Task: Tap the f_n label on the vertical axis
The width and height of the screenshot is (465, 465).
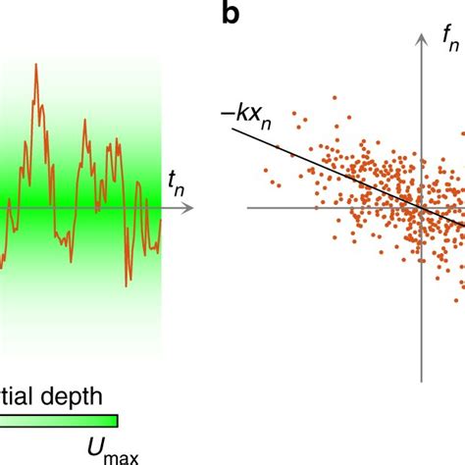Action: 450,39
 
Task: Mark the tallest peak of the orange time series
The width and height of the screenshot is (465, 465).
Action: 36,66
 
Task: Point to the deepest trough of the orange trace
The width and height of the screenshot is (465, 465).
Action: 128,284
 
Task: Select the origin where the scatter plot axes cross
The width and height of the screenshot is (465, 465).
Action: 423,208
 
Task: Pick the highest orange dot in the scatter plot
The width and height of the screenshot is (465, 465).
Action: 335,97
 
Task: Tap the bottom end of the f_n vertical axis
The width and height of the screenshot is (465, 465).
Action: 423,381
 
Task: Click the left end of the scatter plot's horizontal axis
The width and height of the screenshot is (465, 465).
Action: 249,208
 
